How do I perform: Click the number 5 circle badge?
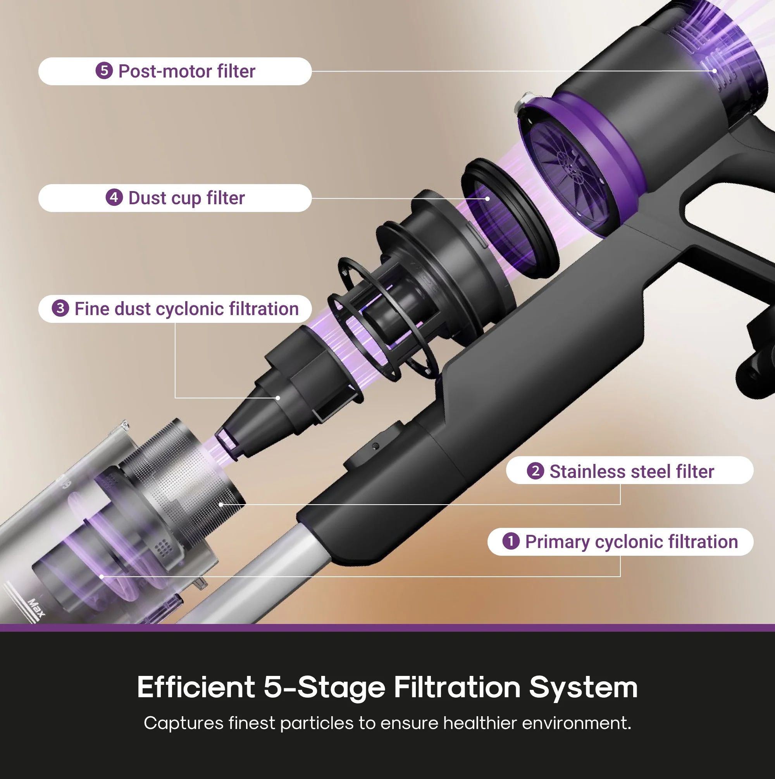[104, 71]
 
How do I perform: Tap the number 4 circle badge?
[114, 198]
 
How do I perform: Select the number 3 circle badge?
[60, 308]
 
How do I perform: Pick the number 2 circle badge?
[535, 471]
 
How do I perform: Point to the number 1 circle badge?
[510, 541]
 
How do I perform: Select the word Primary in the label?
[557, 542]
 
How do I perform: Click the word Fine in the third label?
[92, 309]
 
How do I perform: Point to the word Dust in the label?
[147, 198]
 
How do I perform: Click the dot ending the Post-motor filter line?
[714, 71]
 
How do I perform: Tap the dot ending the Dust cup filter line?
[487, 198]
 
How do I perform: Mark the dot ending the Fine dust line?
[277, 398]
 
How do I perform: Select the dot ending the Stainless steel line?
[220, 504]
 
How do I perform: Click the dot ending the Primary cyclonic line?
[101, 577]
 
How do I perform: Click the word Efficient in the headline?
[196, 687]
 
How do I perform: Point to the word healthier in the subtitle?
[480, 723]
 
